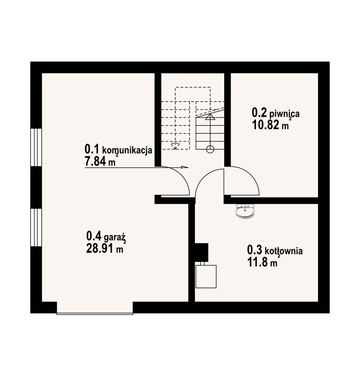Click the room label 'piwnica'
coord(284,113)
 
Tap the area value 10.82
coord(266,125)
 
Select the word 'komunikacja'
coord(127,150)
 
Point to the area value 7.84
coord(95,161)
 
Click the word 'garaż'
coord(115,238)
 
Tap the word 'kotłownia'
coord(284,251)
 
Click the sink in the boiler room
coord(245,211)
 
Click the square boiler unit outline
coord(206,276)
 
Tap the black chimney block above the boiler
coord(201,252)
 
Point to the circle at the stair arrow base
coord(210,149)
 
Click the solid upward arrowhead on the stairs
coord(210,117)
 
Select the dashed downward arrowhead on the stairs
coord(175,146)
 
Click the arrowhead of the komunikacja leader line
coord(184,167)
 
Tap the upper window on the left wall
coord(36,147)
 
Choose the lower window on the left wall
coord(36,227)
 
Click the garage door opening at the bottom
coord(95,307)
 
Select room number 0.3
coord(254,250)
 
